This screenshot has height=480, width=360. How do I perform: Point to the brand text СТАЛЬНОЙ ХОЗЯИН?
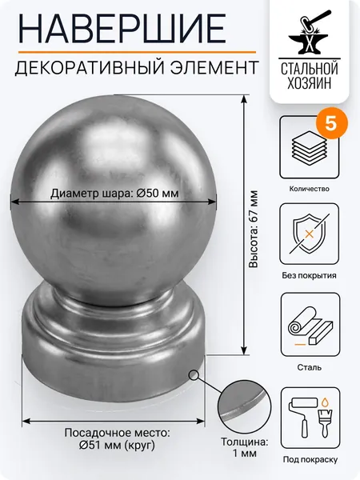click(309, 76)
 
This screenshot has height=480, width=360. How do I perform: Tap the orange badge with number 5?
click(331, 124)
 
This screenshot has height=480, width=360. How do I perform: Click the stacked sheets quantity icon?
click(309, 147)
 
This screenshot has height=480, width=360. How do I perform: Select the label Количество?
click(309, 189)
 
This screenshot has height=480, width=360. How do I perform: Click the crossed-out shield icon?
click(309, 234)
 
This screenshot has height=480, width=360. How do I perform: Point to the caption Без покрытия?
click(309, 275)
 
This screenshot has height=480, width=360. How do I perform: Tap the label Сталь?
click(309, 367)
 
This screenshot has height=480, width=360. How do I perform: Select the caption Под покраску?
click(310, 459)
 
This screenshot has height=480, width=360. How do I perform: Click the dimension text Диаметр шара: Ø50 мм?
click(114, 194)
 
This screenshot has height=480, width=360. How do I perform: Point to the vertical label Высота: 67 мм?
click(254, 229)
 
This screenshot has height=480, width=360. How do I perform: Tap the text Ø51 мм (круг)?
click(117, 446)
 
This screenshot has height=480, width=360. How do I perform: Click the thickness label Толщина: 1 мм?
click(245, 447)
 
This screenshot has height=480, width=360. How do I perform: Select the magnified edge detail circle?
click(245, 406)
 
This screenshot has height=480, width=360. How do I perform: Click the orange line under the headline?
click(137, 52)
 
